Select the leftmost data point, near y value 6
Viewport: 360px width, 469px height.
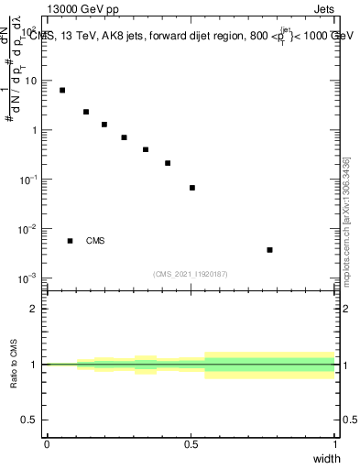(62, 90)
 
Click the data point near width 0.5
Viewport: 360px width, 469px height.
(192, 188)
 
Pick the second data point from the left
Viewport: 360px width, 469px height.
(86, 112)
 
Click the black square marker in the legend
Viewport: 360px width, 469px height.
(70, 241)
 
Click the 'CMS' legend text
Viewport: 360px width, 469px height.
(95, 241)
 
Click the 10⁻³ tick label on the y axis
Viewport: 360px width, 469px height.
(29, 278)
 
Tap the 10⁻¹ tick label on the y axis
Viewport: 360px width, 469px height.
(29, 179)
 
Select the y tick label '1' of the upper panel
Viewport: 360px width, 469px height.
(35, 130)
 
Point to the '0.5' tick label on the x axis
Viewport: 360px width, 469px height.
(191, 443)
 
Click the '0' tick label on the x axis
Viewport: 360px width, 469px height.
(47, 443)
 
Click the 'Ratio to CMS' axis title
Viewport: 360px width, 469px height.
(15, 364)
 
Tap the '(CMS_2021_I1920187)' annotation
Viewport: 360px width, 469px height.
(190, 274)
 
